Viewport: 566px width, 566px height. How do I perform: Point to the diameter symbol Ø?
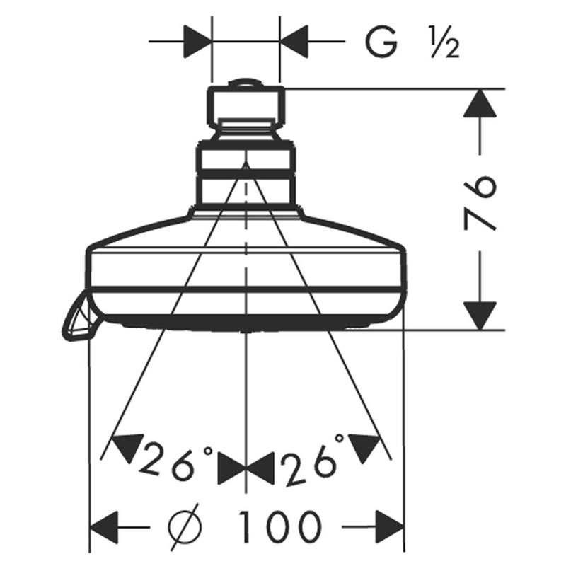tap(184, 526)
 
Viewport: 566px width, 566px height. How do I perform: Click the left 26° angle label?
tap(175, 461)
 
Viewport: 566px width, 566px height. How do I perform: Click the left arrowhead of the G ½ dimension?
tap(197, 41)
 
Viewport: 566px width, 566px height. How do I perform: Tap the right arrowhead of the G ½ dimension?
tap(294, 41)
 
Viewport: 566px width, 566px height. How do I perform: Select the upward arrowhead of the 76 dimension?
tap(480, 103)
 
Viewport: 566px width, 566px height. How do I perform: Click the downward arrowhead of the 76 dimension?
tap(480, 316)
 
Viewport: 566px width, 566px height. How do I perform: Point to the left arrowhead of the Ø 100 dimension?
tap(104, 526)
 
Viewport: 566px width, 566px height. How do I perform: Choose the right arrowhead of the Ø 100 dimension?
tap(390, 526)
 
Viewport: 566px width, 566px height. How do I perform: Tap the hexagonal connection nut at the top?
tap(246, 107)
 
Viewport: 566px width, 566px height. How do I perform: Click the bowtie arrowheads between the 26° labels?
tap(246, 468)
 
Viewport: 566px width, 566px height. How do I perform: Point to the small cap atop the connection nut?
tap(246, 83)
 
